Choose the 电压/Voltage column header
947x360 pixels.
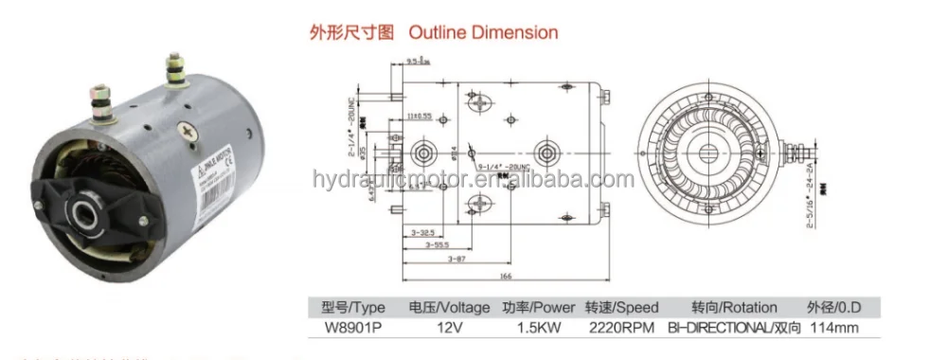pos(448,308)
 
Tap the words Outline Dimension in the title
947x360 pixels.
pos(483,33)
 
